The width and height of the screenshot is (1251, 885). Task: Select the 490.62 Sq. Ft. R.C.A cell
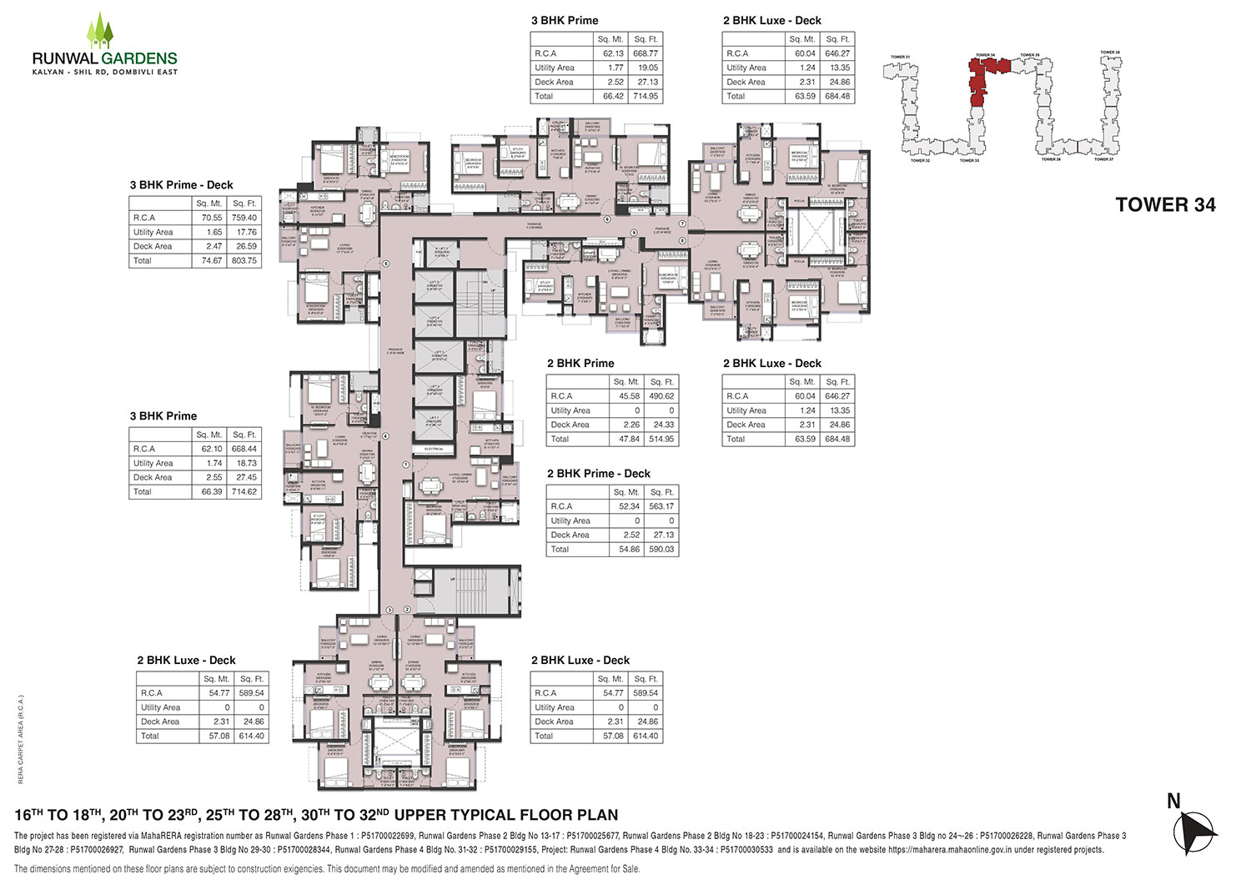tap(661, 396)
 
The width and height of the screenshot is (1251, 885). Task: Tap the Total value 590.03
tap(661, 549)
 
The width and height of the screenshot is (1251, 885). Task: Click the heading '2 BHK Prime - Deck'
tap(598, 474)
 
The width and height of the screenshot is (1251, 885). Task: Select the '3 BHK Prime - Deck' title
tap(181, 185)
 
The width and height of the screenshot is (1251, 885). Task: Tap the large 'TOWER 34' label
tap(1165, 205)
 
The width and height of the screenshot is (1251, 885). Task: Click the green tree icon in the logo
tap(102, 32)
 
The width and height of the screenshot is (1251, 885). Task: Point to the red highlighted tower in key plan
tap(984, 79)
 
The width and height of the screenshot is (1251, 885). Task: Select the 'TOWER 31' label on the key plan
tap(900, 57)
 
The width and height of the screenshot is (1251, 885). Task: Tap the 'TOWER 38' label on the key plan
tap(1109, 53)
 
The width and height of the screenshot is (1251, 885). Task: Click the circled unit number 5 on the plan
tap(386, 264)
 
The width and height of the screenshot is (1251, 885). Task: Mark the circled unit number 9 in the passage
tap(634, 232)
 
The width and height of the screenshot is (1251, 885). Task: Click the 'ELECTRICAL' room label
tap(434, 449)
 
